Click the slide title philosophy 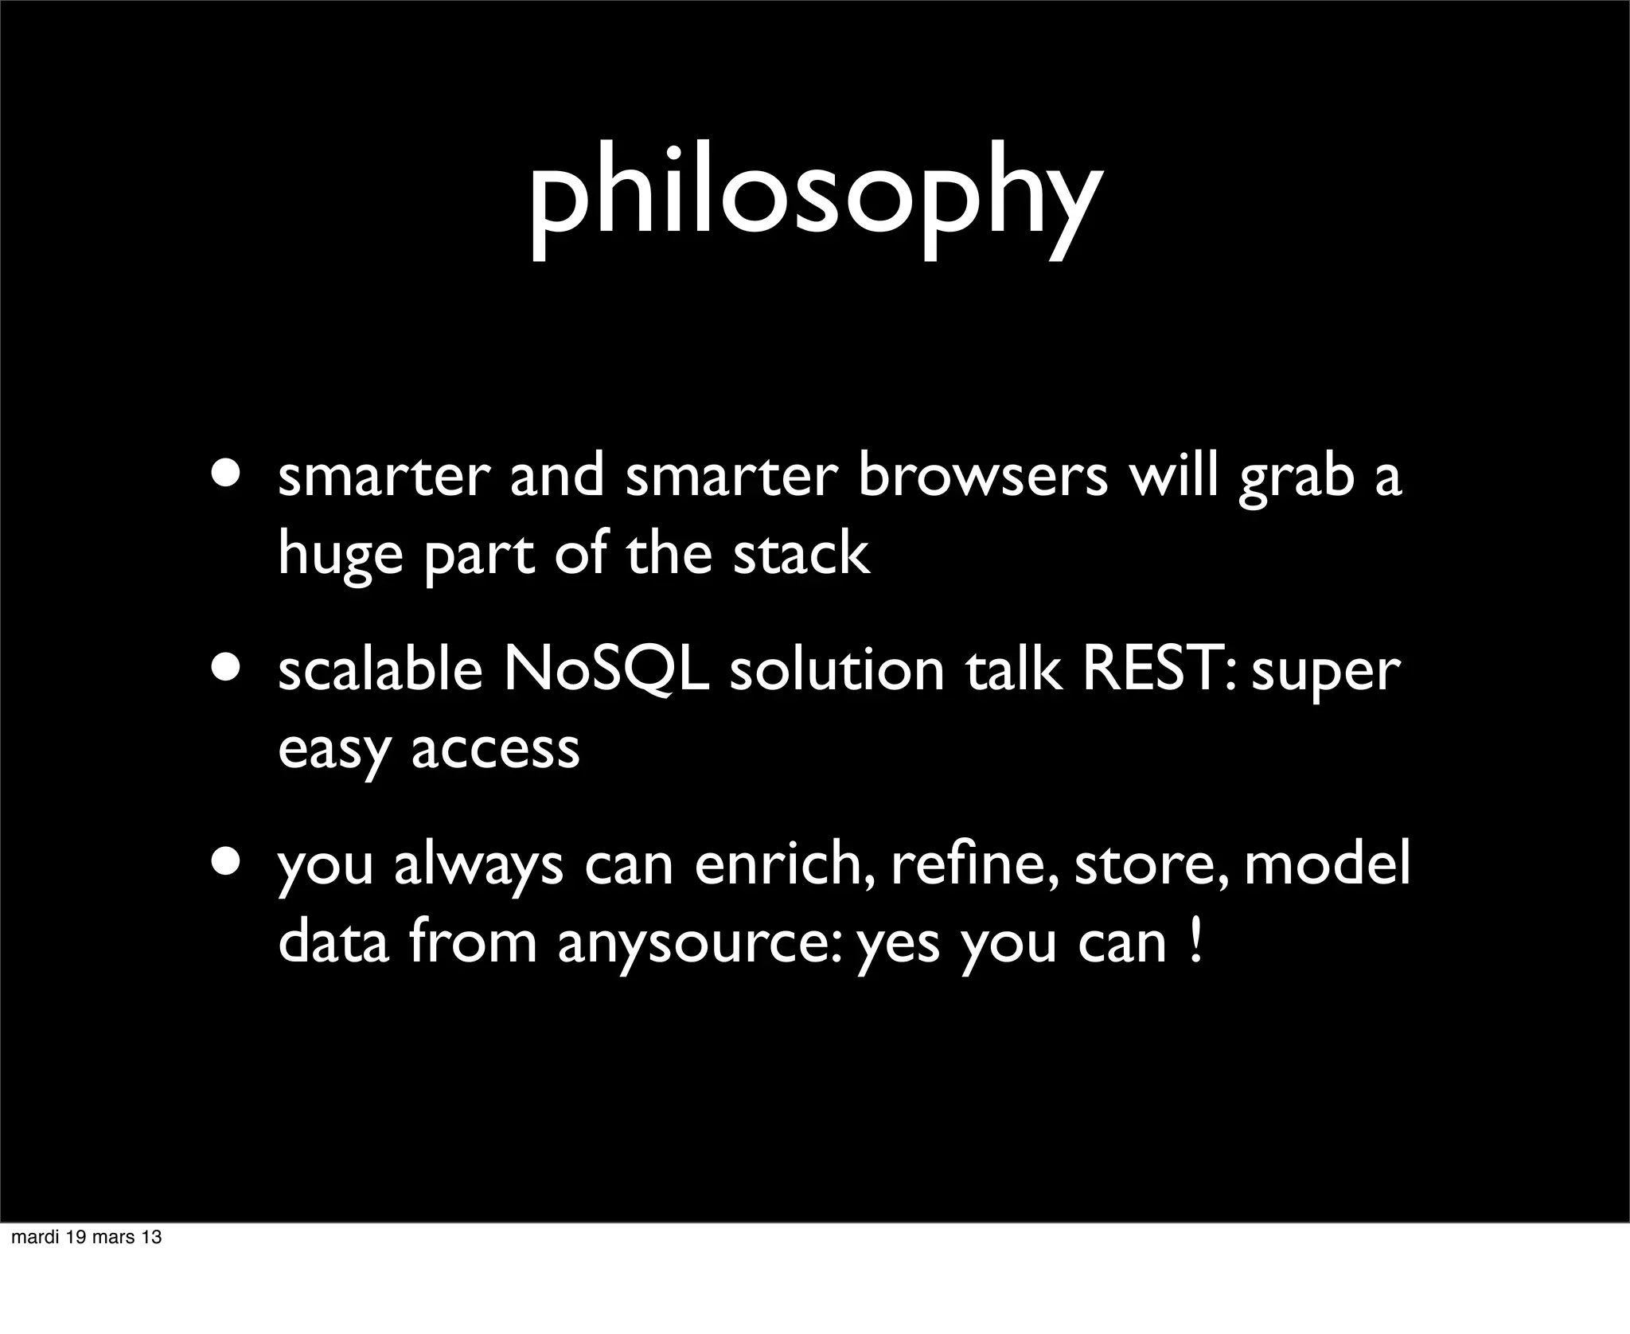(x=815, y=199)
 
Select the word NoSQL (x=606, y=671)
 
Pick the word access (x=495, y=750)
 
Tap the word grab (x=1297, y=480)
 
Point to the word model (x=1327, y=865)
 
